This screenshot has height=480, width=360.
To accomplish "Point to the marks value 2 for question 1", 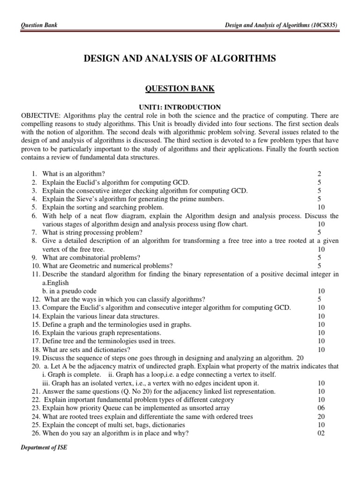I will tap(319, 174).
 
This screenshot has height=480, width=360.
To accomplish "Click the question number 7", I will tap(34, 232).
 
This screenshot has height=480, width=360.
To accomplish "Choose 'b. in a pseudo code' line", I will tap(70, 291).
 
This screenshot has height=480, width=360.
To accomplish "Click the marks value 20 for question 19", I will tap(299, 358).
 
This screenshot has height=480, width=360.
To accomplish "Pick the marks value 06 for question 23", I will tap(321, 408).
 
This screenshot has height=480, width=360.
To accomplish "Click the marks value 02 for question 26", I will tap(321, 433).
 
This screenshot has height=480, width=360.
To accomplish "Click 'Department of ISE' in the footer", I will tap(44, 448).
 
